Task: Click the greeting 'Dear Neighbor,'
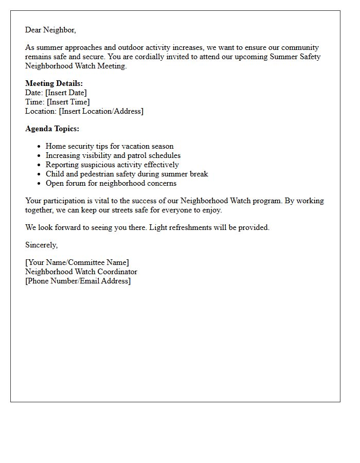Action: (x=50, y=30)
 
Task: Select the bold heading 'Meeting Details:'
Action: (x=54, y=83)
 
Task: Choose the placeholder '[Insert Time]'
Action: (x=68, y=102)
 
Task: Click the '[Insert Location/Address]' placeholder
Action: (x=101, y=111)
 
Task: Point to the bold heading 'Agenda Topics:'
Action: (x=52, y=129)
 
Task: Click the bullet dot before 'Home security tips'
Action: (x=39, y=147)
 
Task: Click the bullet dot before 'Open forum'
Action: (x=39, y=184)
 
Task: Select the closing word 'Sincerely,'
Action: (x=42, y=245)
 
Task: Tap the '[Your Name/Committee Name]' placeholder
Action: (x=77, y=262)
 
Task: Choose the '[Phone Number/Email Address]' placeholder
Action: (x=78, y=281)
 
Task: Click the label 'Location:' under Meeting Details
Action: (x=41, y=111)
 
